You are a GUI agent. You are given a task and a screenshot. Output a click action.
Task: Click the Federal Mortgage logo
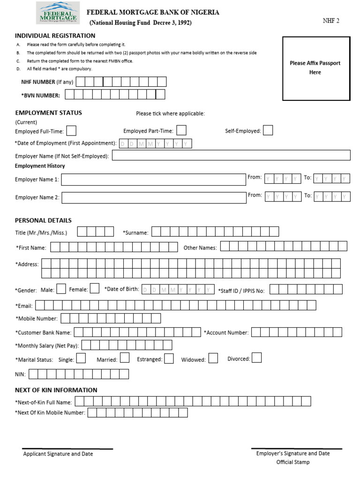pos(58,13)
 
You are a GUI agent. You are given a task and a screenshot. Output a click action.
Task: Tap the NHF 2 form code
pos(330,22)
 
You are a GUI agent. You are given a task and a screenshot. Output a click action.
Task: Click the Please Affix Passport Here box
pos(315,68)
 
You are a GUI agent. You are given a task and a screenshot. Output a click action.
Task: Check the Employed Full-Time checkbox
pos(72,131)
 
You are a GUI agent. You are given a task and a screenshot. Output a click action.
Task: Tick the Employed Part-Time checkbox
pos(181,130)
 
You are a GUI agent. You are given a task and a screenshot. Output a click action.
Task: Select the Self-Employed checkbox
pos(268,130)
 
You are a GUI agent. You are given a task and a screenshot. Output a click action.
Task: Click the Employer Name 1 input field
pos(153,180)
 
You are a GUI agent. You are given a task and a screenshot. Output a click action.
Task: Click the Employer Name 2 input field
pos(153,197)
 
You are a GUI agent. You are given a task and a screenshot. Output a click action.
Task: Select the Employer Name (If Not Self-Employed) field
pos(231,156)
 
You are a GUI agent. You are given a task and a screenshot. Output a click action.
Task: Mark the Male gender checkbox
pos(61,289)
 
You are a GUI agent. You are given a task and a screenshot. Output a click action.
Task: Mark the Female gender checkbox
pos(94,289)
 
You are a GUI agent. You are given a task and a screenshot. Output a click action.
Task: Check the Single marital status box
pos(81,359)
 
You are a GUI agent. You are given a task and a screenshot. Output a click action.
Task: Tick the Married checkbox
pos(125,359)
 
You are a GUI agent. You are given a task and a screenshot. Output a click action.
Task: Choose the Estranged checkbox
pos(169,359)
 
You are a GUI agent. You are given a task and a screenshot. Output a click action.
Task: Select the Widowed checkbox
pos(213,359)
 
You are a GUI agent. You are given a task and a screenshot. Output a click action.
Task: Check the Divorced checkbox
pos(256,358)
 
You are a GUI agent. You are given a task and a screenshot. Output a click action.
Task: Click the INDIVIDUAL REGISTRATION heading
pos(55,36)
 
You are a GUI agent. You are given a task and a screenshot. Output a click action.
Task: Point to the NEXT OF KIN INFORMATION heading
pos(56,390)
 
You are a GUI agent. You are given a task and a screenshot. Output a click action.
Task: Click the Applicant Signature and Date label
pos(58,454)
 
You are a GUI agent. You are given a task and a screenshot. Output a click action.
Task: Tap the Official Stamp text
pos(293,462)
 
